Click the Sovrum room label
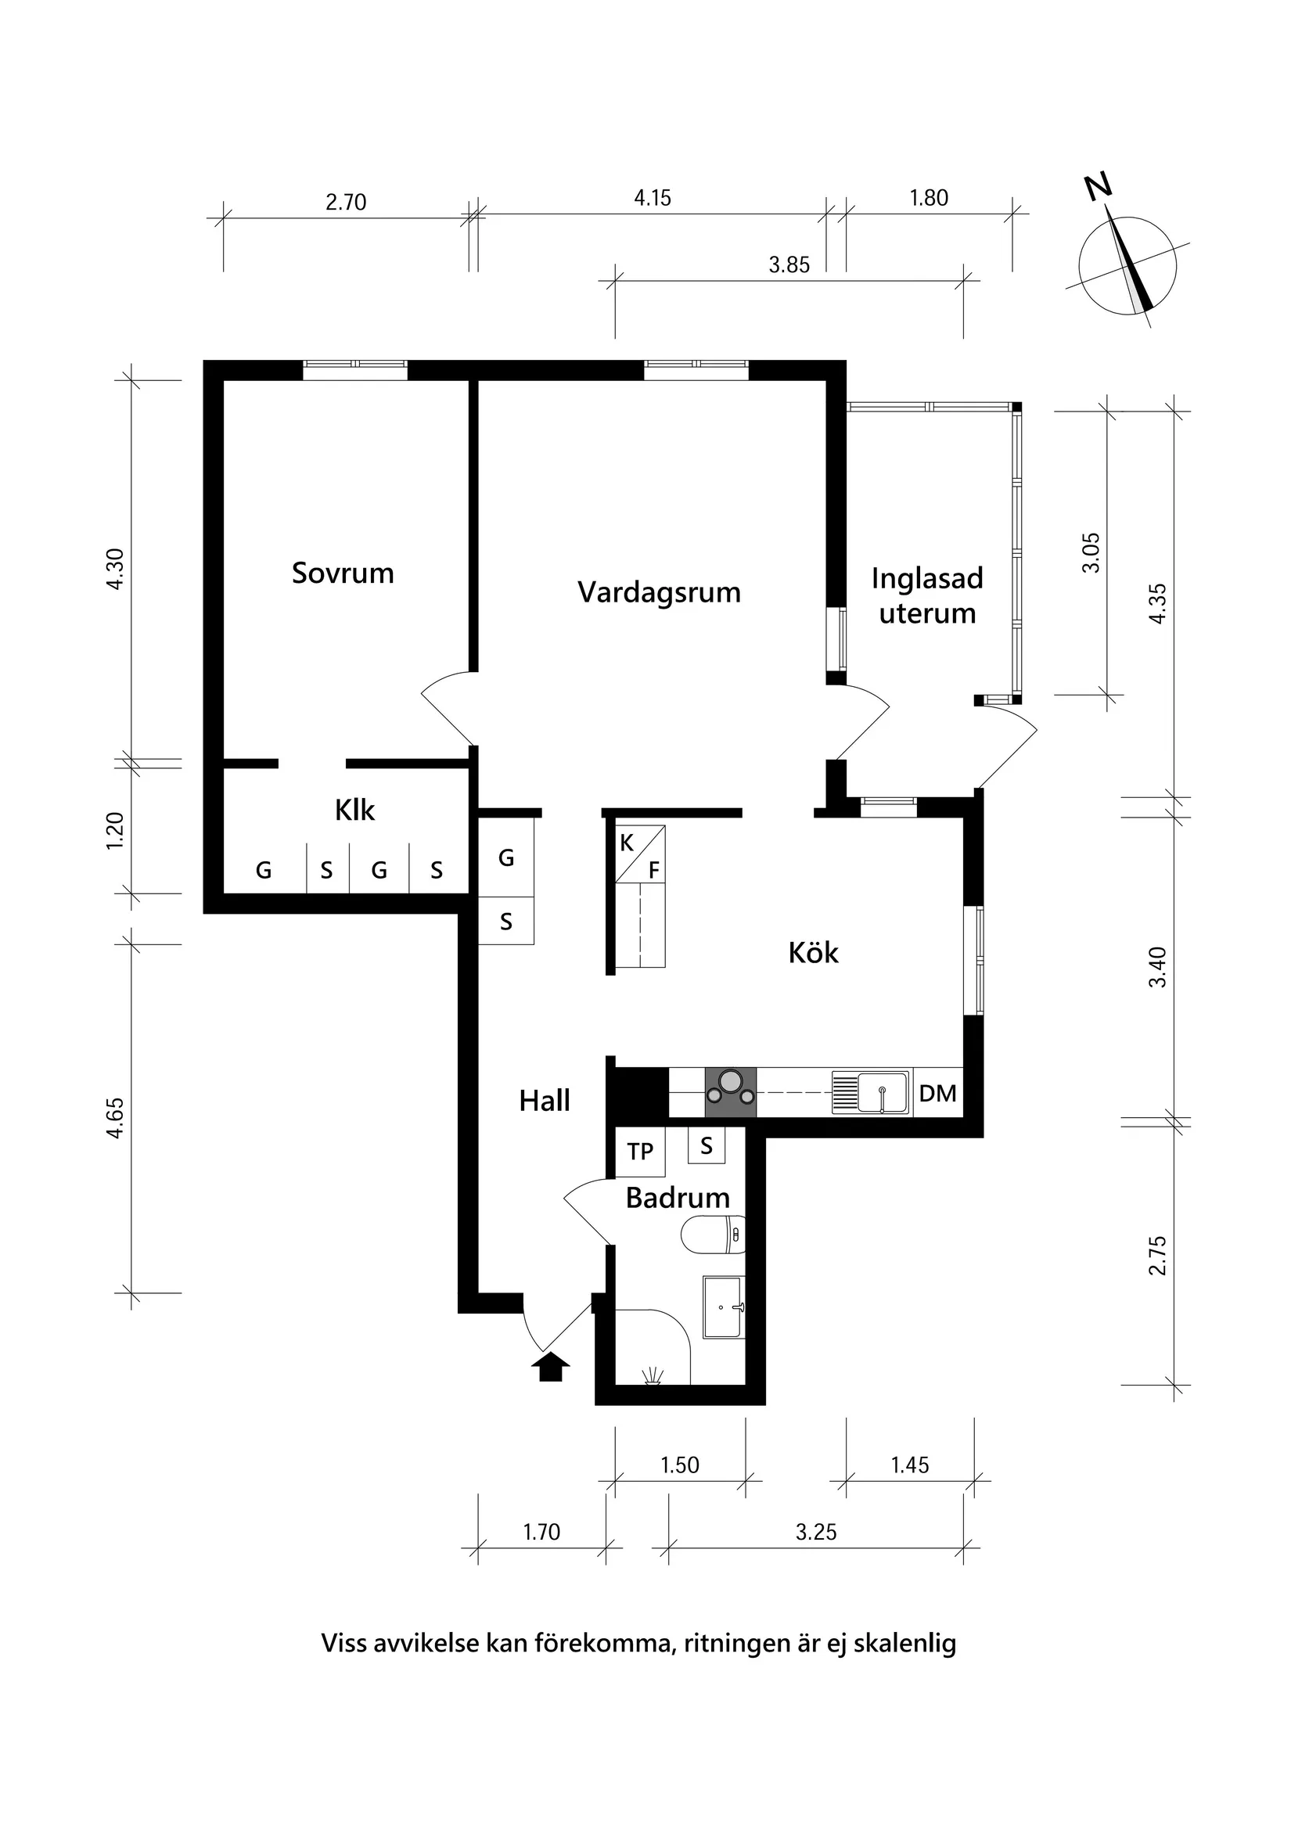(343, 573)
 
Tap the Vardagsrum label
(659, 592)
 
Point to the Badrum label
(677, 1198)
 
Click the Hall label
(544, 1101)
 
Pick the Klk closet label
(354, 811)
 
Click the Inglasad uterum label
(926, 595)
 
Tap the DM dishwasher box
(938, 1094)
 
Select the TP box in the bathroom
(640, 1152)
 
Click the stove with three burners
(730, 1093)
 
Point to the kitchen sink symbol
(870, 1093)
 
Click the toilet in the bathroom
(714, 1235)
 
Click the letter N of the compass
(1099, 188)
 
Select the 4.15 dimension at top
(653, 198)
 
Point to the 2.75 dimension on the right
(1157, 1255)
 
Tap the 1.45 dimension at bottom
(909, 1465)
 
